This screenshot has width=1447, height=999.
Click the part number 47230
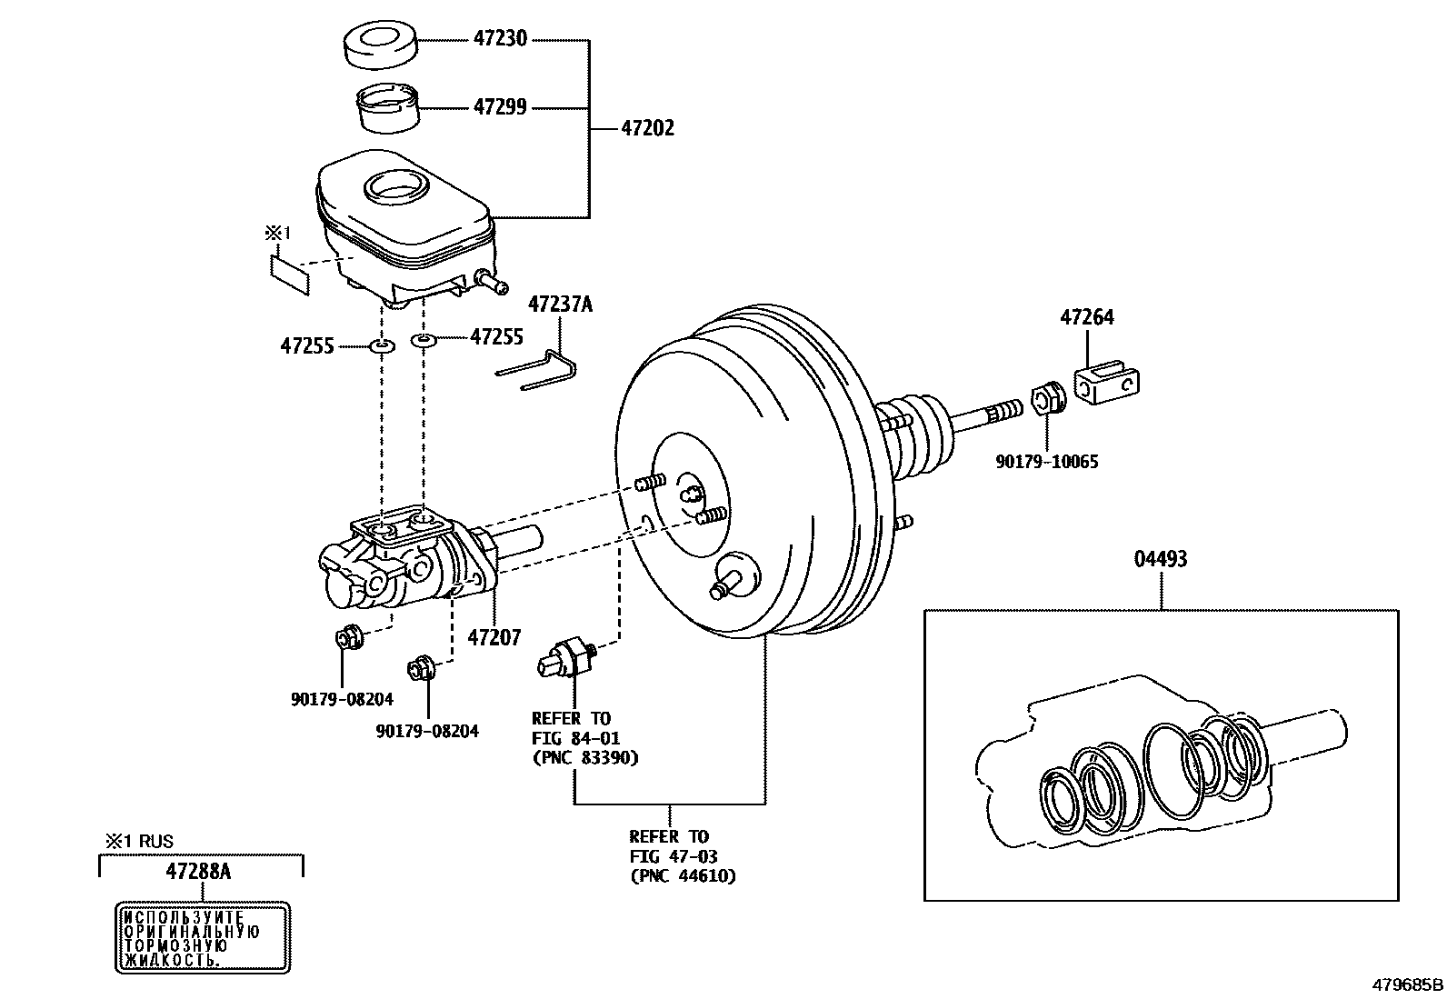click(x=500, y=39)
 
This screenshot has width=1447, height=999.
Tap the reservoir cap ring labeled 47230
click(x=380, y=45)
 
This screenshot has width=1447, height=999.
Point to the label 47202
click(x=647, y=128)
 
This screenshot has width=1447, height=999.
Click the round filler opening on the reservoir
click(x=394, y=187)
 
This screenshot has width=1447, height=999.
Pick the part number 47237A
click(x=560, y=304)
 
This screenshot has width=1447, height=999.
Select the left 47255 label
click(x=307, y=346)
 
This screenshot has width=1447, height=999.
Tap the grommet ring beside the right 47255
click(x=424, y=340)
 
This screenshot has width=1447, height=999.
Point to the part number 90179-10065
click(x=1046, y=462)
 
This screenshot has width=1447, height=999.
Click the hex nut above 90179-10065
click(x=1046, y=399)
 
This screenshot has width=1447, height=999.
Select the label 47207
click(x=494, y=637)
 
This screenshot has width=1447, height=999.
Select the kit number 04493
click(x=1161, y=558)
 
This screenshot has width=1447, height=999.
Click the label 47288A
click(x=198, y=872)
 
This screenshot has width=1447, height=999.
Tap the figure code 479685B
click(x=1407, y=984)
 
